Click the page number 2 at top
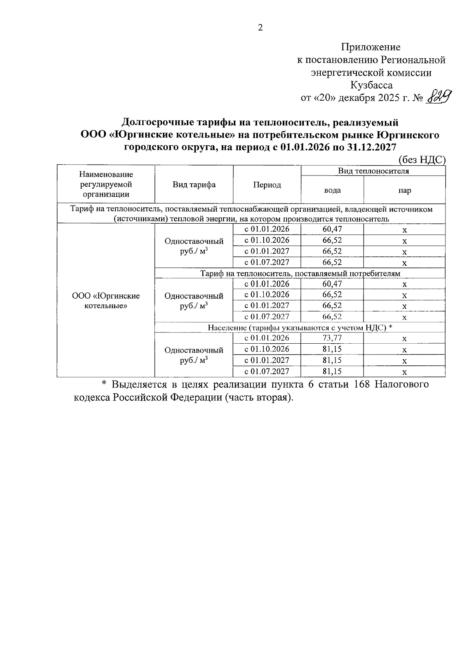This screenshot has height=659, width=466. pyautogui.click(x=260, y=28)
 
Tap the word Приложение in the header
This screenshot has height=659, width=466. pyautogui.click(x=370, y=47)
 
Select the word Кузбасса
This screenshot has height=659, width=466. pyautogui.click(x=371, y=85)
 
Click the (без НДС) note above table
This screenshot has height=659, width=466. pyautogui.click(x=422, y=160)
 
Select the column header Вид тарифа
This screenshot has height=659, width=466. pyautogui.click(x=194, y=185)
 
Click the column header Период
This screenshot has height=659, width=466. pyautogui.click(x=267, y=185)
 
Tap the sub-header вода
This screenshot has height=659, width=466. pyautogui.click(x=332, y=190)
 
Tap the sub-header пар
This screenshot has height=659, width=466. pyautogui.click(x=404, y=190)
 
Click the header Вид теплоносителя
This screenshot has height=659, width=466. pyautogui.click(x=373, y=171)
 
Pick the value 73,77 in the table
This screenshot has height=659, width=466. pyautogui.click(x=332, y=338)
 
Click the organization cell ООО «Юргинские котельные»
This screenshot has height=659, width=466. pyautogui.click(x=106, y=301)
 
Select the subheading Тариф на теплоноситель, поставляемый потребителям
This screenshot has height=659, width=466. pyautogui.click(x=300, y=273)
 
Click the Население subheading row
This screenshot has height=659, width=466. pyautogui.click(x=300, y=327)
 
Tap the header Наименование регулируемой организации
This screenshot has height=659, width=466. pyautogui.click(x=106, y=184)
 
